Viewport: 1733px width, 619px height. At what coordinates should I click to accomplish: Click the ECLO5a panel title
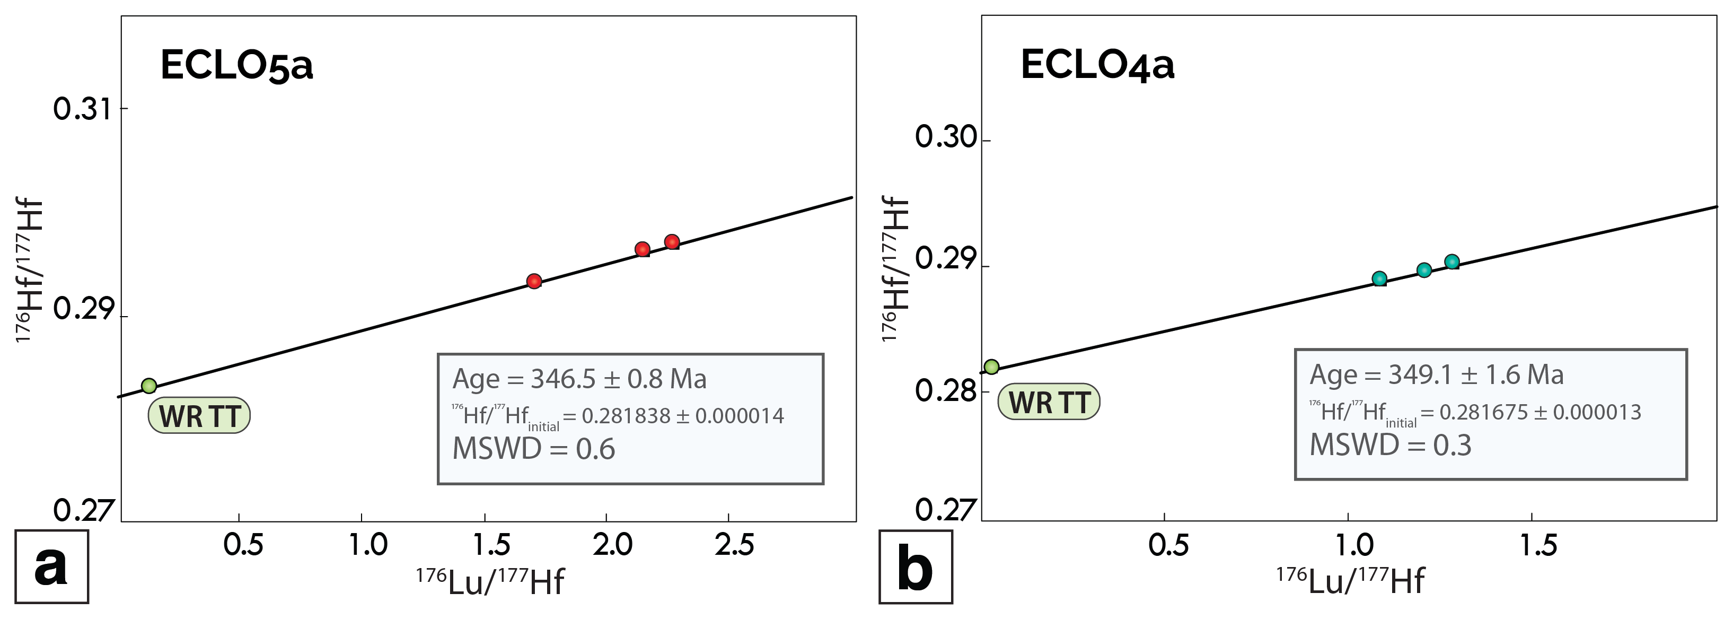(x=237, y=66)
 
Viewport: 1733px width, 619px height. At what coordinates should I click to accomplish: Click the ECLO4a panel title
(x=1097, y=65)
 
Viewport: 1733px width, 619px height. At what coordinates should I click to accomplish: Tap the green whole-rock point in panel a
(x=148, y=386)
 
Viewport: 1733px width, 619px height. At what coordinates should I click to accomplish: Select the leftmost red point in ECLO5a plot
(x=534, y=281)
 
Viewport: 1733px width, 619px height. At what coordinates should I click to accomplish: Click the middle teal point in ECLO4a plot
(x=1424, y=271)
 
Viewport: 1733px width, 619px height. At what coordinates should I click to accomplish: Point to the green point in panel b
(x=992, y=367)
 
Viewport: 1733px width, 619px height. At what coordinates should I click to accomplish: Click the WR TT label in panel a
(x=199, y=416)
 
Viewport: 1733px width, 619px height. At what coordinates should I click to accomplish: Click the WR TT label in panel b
(x=1049, y=403)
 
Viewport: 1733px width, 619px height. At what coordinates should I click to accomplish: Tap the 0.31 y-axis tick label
(x=82, y=109)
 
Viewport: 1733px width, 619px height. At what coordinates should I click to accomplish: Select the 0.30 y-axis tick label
(x=945, y=137)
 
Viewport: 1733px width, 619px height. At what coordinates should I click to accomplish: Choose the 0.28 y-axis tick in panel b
(x=945, y=391)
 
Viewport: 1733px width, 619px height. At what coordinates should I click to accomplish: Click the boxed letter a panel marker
(x=51, y=566)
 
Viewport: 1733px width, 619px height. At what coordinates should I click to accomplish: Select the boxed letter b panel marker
(x=916, y=567)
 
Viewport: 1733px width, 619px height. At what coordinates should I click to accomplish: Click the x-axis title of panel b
(x=1350, y=581)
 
